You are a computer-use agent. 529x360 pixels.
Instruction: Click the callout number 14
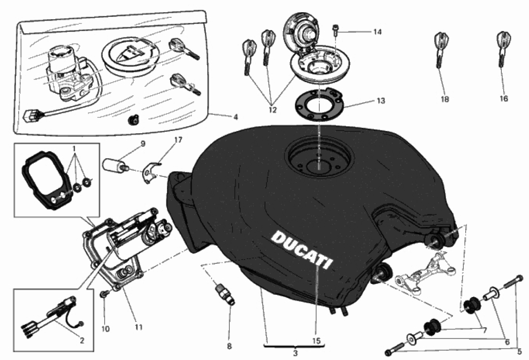378,32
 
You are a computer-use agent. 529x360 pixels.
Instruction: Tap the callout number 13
380,101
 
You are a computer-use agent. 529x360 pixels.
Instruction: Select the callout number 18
445,99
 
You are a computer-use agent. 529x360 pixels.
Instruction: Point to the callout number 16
504,99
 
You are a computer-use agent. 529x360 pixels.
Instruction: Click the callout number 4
236,117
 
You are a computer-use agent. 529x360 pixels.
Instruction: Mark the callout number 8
229,346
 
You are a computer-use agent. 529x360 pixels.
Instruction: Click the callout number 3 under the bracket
295,352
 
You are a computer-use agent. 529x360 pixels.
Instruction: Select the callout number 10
105,329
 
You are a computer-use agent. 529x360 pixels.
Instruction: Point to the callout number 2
82,341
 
